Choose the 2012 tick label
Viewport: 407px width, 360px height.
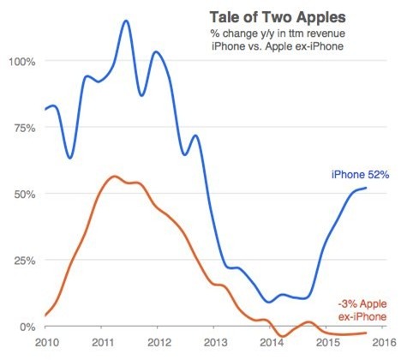coord(158,345)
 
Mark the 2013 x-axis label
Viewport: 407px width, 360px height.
coord(213,345)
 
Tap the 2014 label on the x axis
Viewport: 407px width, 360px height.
coord(270,345)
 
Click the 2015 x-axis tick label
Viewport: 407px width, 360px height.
coord(326,345)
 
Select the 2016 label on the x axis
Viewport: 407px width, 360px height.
coord(382,345)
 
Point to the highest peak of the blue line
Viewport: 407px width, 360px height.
coord(126,21)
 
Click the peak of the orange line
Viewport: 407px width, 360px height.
coord(114,176)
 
